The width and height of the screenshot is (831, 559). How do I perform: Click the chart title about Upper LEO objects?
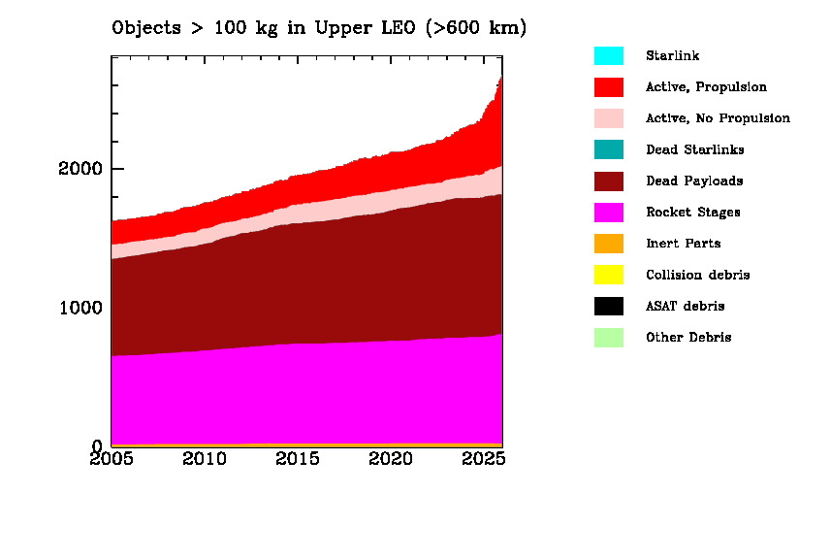click(319, 28)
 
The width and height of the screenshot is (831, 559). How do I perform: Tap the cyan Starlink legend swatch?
click(609, 56)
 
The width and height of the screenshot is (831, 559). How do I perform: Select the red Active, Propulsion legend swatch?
click(609, 87)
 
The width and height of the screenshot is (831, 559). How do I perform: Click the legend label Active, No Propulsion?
click(718, 118)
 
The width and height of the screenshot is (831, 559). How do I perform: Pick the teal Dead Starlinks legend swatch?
click(609, 149)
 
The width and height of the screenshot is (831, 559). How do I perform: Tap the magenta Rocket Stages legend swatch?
click(609, 213)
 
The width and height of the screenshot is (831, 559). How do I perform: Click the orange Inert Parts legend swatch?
click(609, 244)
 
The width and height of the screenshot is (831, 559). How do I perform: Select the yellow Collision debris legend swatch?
click(609, 275)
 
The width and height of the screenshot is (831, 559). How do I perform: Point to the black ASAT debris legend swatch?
click(609, 307)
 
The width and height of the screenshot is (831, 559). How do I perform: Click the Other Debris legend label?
click(688, 338)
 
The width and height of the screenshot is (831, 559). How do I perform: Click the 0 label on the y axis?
click(97, 446)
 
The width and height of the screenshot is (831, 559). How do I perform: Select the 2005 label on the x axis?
click(112, 458)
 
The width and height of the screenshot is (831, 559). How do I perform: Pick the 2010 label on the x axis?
click(206, 458)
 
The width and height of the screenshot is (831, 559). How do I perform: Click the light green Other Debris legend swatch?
click(609, 338)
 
